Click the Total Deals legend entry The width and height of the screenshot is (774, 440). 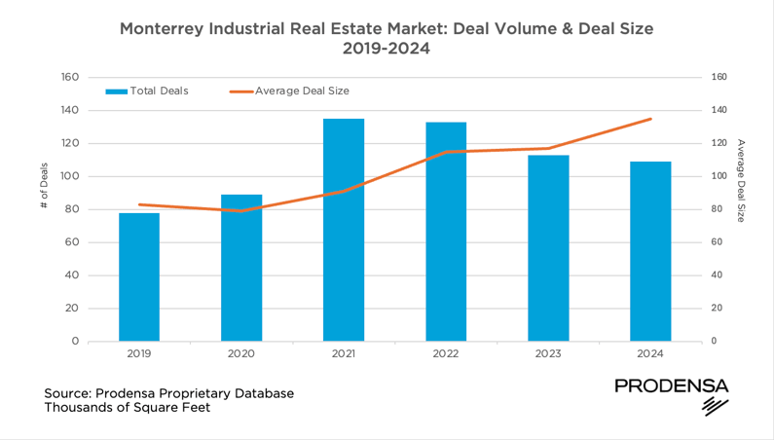coord(147,91)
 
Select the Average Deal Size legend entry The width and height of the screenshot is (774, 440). coord(289,91)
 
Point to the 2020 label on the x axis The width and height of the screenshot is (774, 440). coord(241,354)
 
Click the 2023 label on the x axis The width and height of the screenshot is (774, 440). coord(548,354)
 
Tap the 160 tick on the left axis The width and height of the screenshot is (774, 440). coord(69,78)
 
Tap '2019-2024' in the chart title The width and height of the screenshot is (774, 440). coord(387,49)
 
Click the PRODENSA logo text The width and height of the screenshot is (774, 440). coord(671,386)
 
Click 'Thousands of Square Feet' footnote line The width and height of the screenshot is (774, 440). coord(127,408)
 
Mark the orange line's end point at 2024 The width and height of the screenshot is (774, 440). coord(650,119)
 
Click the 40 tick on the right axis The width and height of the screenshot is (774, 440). coord(718,275)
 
